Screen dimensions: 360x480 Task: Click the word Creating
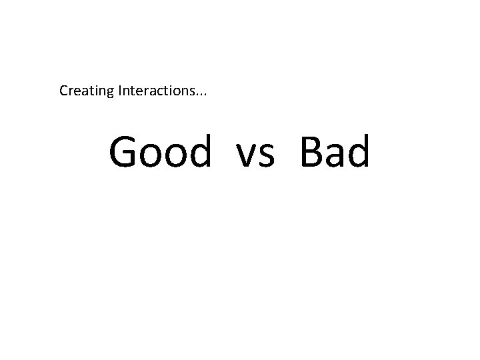pos(87,91)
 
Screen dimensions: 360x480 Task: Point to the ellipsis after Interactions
pos(201,94)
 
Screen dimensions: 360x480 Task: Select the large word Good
pos(160,151)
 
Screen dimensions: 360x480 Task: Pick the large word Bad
pos(333,151)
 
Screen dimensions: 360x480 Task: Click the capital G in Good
pos(124,152)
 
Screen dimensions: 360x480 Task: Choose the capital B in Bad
pos(311,152)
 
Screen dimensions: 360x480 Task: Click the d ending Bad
pos(358,151)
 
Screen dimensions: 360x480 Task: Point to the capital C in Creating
pos(64,90)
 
